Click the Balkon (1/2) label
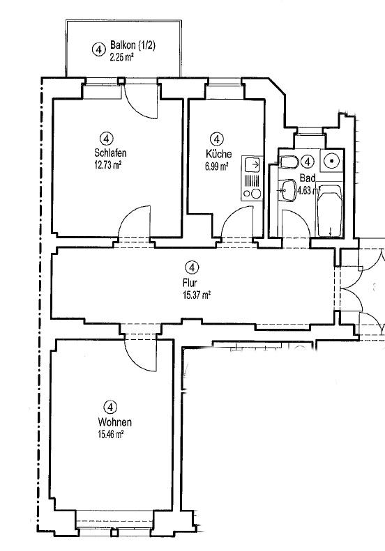coord(133,45)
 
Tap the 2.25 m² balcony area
coord(121,57)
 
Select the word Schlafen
coord(110,153)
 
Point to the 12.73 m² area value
coord(107,165)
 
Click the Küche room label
coord(219,153)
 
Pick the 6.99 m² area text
coord(217,166)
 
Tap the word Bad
coord(308,178)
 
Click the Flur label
coord(190,283)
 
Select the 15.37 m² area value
coord(197,295)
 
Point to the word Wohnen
coord(115,421)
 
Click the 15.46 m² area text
coord(110,435)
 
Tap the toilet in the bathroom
coord(289,162)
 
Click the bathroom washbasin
coord(288,190)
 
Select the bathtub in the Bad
coord(330,211)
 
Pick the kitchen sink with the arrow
coord(252,164)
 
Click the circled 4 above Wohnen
coord(110,408)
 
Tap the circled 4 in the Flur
coord(191,267)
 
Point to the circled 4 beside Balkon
coord(98,49)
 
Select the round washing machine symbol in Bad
coord(331,161)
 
